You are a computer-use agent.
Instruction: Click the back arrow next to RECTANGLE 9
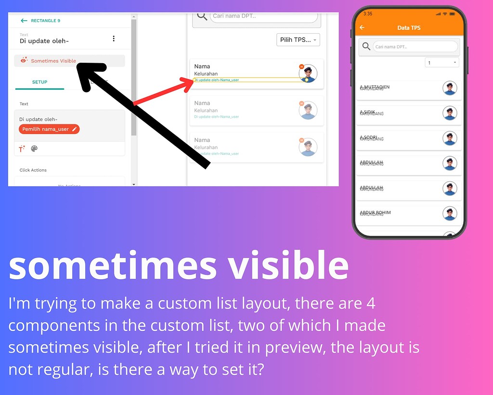point(24,21)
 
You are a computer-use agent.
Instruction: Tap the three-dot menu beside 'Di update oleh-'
point(114,39)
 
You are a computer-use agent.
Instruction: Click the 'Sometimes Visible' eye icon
point(24,61)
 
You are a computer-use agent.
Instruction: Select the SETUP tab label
point(39,82)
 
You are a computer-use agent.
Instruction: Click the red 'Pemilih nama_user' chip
point(49,129)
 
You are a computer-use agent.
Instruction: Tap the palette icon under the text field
point(34,149)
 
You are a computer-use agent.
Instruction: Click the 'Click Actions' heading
point(33,170)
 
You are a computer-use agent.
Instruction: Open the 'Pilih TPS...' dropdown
point(298,40)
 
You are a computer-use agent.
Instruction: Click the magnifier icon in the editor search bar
point(203,17)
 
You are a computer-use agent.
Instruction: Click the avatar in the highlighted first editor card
point(308,73)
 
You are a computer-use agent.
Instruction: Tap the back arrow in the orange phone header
point(362,28)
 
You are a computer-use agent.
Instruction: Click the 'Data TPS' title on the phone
point(409,28)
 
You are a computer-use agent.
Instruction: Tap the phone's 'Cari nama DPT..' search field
point(415,47)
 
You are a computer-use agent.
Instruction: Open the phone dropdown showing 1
point(442,63)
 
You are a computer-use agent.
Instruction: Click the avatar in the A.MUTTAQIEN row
point(450,88)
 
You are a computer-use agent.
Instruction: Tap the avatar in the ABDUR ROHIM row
point(450,214)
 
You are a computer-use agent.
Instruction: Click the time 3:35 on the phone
point(368,14)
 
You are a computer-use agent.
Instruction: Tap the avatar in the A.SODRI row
point(450,138)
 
